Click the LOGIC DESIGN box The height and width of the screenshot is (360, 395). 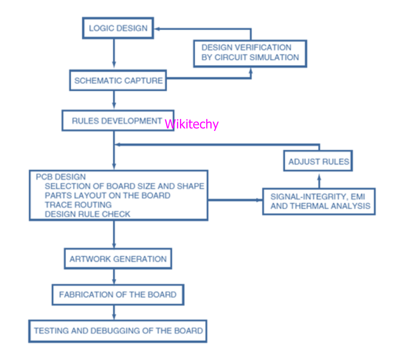click(118, 28)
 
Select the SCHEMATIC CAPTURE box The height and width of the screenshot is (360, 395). click(118, 81)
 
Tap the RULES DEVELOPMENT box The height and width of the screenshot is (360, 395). click(117, 121)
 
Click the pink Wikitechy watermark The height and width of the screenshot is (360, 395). click(192, 124)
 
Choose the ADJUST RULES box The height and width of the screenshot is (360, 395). click(318, 162)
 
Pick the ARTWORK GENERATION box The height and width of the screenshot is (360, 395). click(118, 259)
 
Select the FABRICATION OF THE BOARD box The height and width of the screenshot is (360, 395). click(118, 295)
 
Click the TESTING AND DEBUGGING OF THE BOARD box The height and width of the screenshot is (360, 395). click(118, 330)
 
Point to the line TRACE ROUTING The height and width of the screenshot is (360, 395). click(78, 205)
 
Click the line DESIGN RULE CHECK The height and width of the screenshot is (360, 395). click(87, 214)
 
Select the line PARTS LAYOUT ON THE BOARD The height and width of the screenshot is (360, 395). click(108, 195)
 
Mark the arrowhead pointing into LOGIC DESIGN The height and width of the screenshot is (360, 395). click(157, 29)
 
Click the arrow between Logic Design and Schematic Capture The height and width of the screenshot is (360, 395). click(114, 53)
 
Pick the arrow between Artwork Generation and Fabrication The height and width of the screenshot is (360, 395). click(114, 276)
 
